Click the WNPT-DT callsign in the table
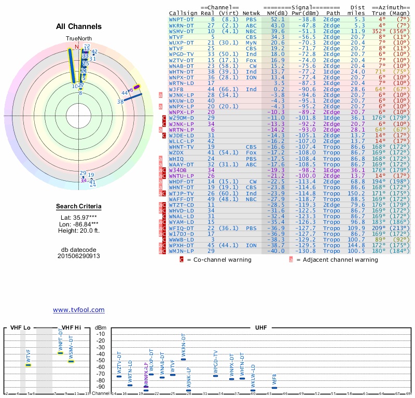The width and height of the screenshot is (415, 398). (x=181, y=19)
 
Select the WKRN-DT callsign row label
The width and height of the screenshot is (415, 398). (x=181, y=25)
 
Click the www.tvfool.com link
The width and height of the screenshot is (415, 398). (x=78, y=310)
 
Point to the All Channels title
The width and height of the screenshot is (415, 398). (x=79, y=26)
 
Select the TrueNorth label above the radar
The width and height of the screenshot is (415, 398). (x=78, y=39)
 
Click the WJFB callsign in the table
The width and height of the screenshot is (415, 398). (x=177, y=89)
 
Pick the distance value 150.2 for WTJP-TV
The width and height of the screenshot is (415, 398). (x=356, y=194)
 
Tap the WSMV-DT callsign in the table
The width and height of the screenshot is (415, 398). (x=181, y=31)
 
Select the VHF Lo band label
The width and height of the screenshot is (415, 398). (x=21, y=328)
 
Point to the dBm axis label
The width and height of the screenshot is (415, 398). (x=100, y=328)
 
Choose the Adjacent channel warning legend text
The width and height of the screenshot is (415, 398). (x=337, y=260)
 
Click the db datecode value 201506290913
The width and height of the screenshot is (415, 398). (x=79, y=256)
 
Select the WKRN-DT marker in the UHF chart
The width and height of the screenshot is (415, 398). (x=183, y=359)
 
